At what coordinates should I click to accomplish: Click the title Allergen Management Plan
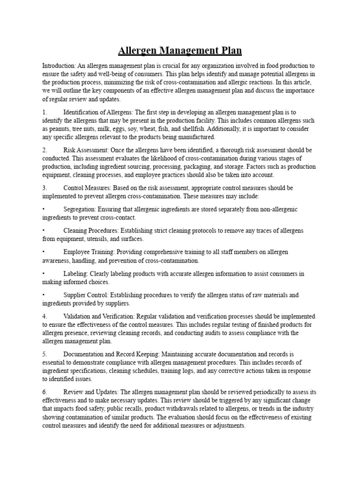click(x=180, y=51)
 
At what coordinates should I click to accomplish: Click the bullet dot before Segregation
click(x=44, y=210)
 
